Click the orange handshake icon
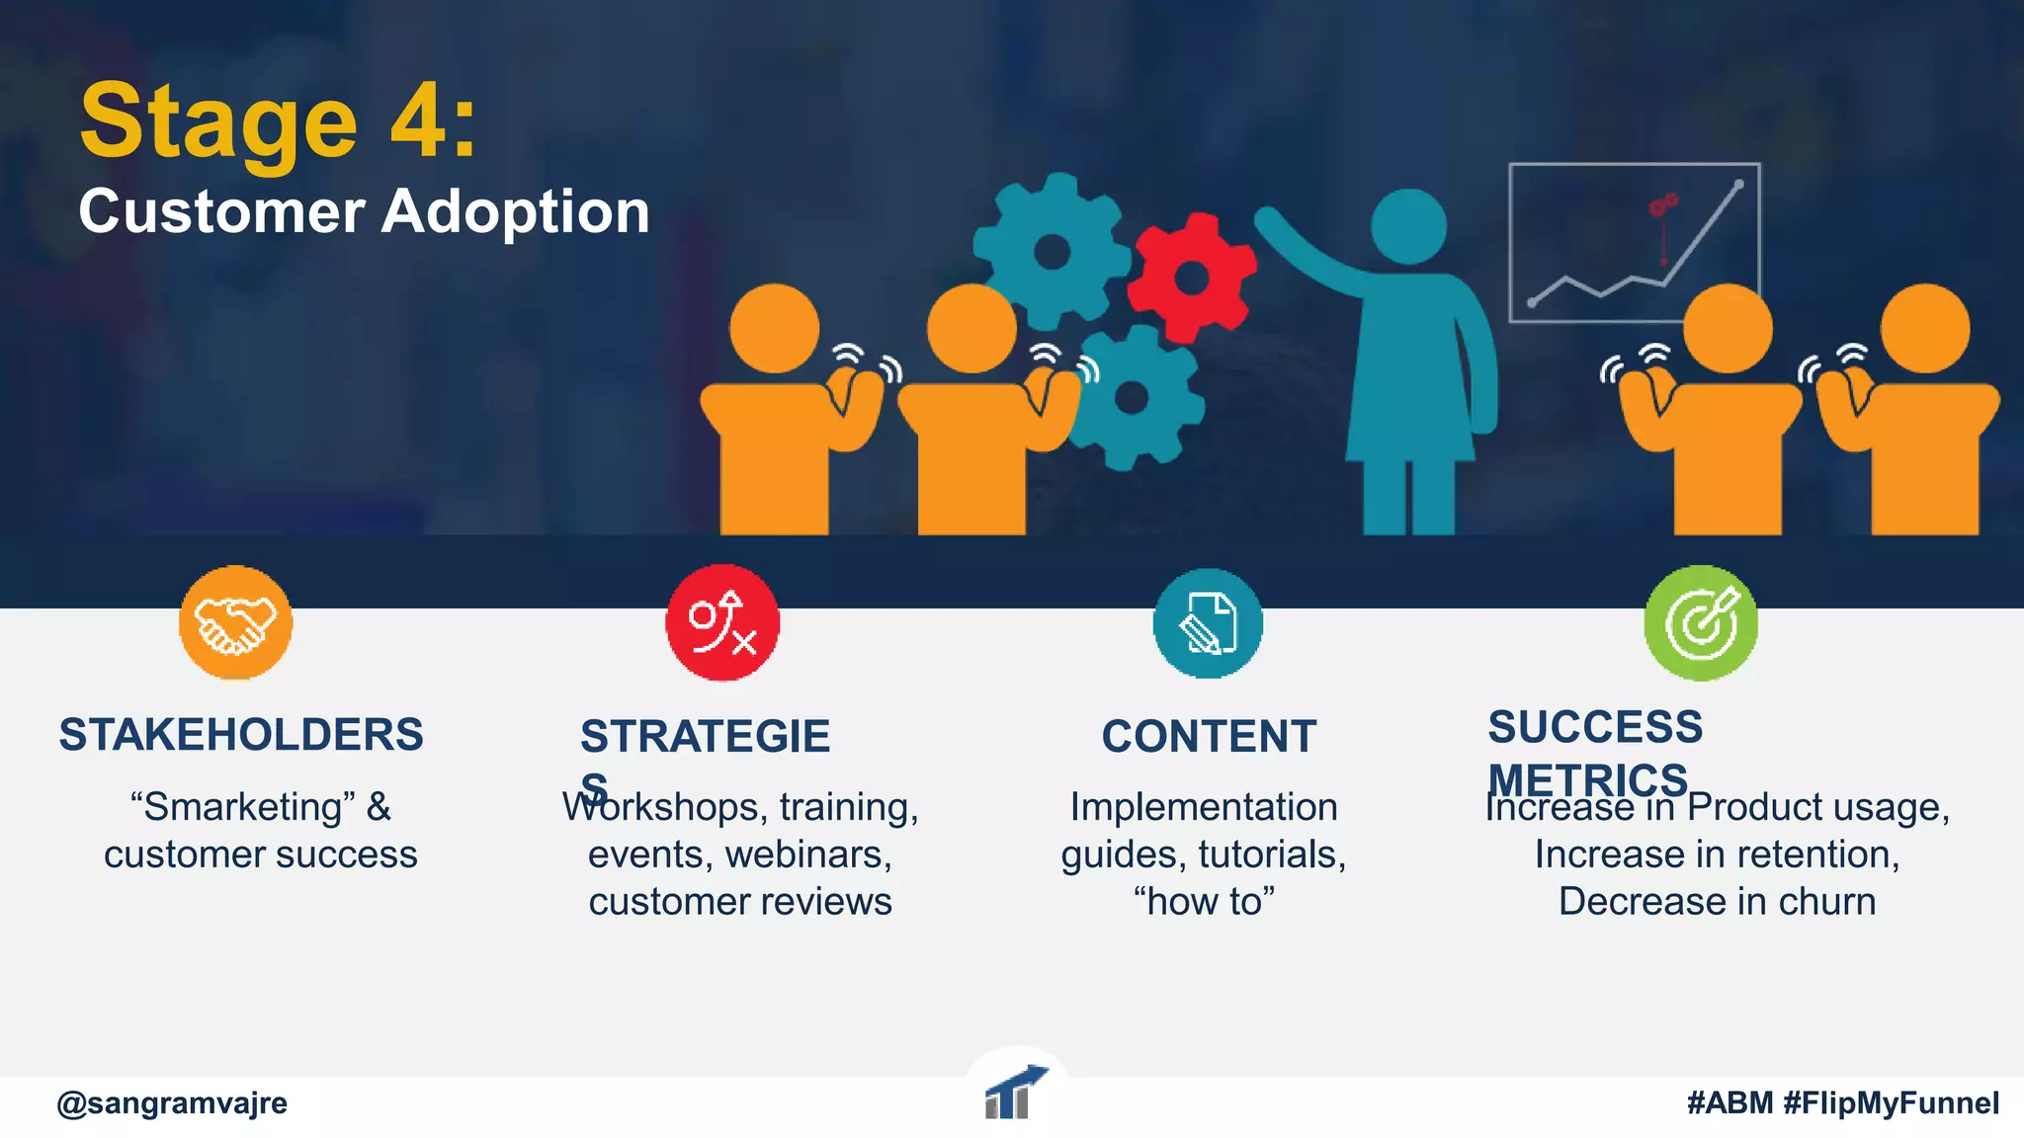pos(235,622)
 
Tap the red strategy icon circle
pos(722,622)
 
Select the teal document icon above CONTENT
pos(1208,623)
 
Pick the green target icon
pos(1700,623)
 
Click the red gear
pos(1191,277)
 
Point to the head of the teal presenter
pos(1408,226)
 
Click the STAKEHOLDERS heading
pos(241,735)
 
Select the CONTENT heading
pos(1209,737)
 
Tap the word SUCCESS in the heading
pos(1595,727)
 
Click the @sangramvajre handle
pos(172,1102)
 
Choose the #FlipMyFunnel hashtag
pos(1891,1102)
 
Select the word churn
pos(1826,902)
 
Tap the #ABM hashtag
pos(1729,1102)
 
